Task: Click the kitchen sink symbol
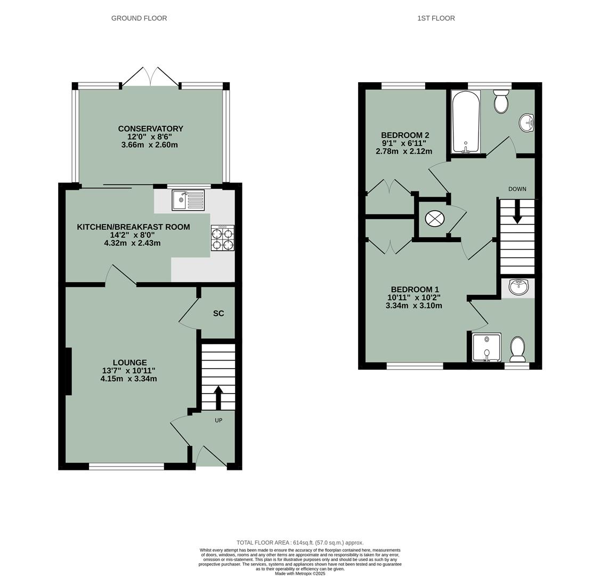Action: (188, 200)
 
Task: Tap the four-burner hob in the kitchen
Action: (222, 238)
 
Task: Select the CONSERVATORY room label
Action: (150, 129)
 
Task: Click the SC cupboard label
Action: (218, 314)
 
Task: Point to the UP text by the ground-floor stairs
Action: (218, 420)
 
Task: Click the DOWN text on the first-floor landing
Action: (517, 189)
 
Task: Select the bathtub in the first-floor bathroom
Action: (466, 122)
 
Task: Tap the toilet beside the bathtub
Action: (501, 101)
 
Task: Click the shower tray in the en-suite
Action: (487, 348)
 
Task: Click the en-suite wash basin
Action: (518, 287)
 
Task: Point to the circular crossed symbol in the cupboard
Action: (434, 218)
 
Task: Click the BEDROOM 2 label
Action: (405, 135)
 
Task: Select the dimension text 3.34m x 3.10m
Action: (413, 306)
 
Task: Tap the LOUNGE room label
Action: (129, 363)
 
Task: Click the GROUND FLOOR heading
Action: (139, 18)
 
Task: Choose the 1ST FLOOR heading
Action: (436, 18)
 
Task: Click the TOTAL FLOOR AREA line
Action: (300, 542)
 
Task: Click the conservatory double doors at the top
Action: (150, 77)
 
